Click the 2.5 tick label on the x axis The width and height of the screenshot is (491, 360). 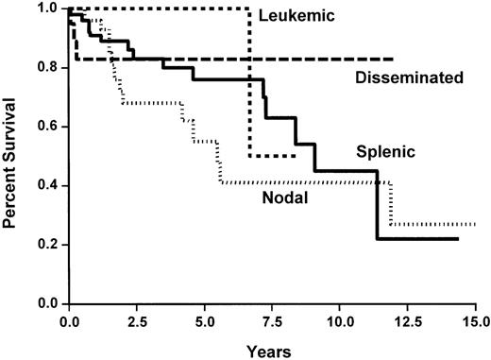tap(137, 321)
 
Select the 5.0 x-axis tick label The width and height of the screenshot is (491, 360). tap(204, 321)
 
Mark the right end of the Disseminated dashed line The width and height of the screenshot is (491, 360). tap(393, 59)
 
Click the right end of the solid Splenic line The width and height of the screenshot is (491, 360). tap(458, 239)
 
